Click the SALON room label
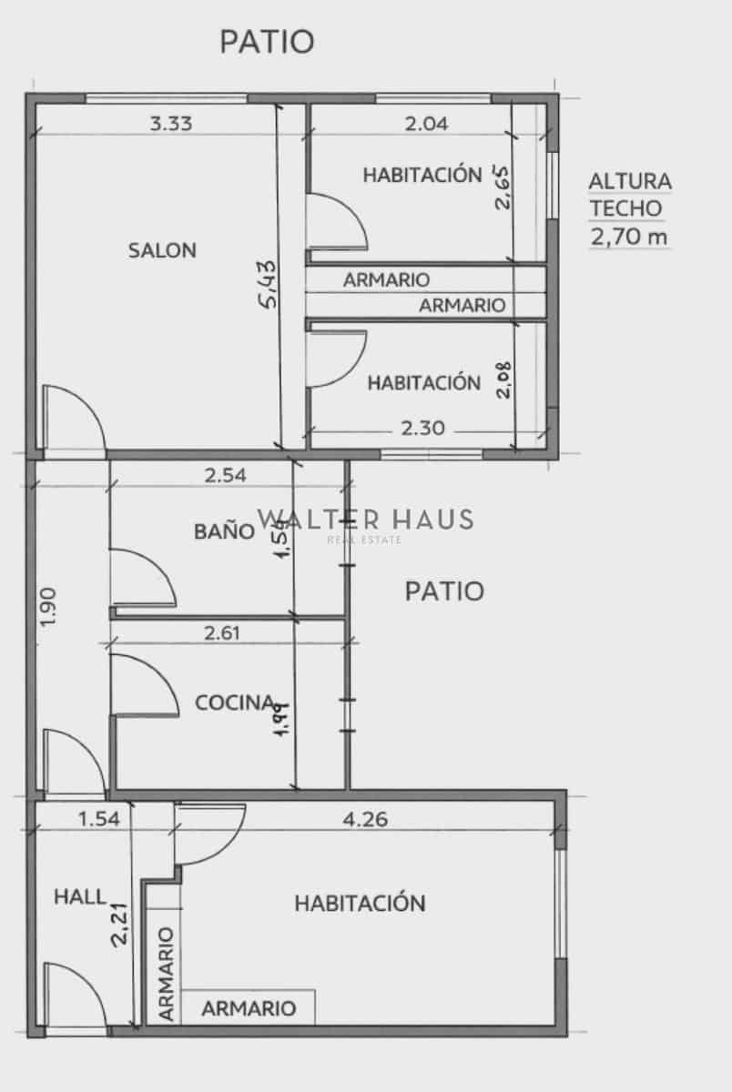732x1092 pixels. pyautogui.click(x=162, y=250)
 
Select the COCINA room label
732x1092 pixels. pyautogui.click(x=235, y=703)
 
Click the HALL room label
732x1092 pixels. pyautogui.click(x=80, y=896)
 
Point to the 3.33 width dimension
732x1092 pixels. pyautogui.click(x=170, y=124)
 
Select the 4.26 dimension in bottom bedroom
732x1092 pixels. pyautogui.click(x=365, y=819)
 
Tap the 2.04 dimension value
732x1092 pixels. pyautogui.click(x=426, y=124)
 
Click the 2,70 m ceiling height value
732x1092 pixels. pyautogui.click(x=629, y=238)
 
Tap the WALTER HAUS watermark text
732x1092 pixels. pyautogui.click(x=365, y=520)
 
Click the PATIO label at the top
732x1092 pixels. pyautogui.click(x=267, y=41)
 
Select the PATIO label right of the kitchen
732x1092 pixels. pyautogui.click(x=443, y=591)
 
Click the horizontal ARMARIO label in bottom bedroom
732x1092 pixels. pyautogui.click(x=249, y=1008)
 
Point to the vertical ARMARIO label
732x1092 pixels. pyautogui.click(x=166, y=974)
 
